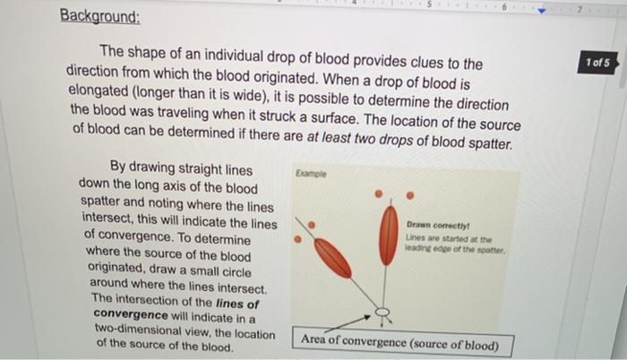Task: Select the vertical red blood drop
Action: (x=388, y=235)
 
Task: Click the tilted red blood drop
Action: (x=332, y=258)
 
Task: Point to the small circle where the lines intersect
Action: (x=382, y=313)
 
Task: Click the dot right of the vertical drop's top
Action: (x=410, y=194)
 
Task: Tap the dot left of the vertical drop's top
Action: (x=379, y=193)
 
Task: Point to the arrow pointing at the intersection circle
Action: (x=355, y=321)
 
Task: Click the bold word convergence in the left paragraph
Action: (x=131, y=315)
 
